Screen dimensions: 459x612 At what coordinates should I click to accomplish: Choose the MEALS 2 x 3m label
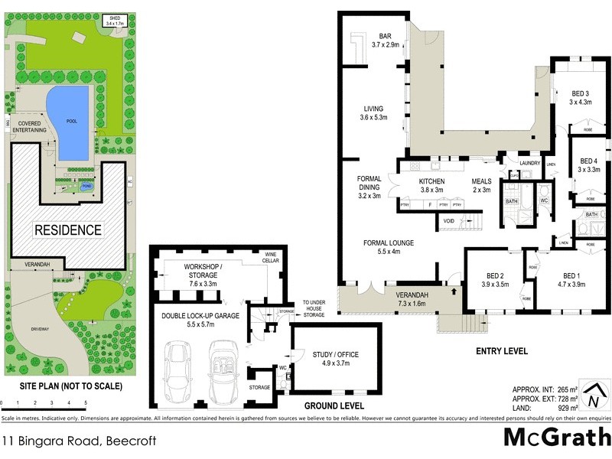click(x=481, y=185)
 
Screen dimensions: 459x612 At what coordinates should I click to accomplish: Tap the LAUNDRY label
click(x=529, y=163)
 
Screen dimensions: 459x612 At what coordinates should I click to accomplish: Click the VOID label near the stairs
click(x=449, y=223)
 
